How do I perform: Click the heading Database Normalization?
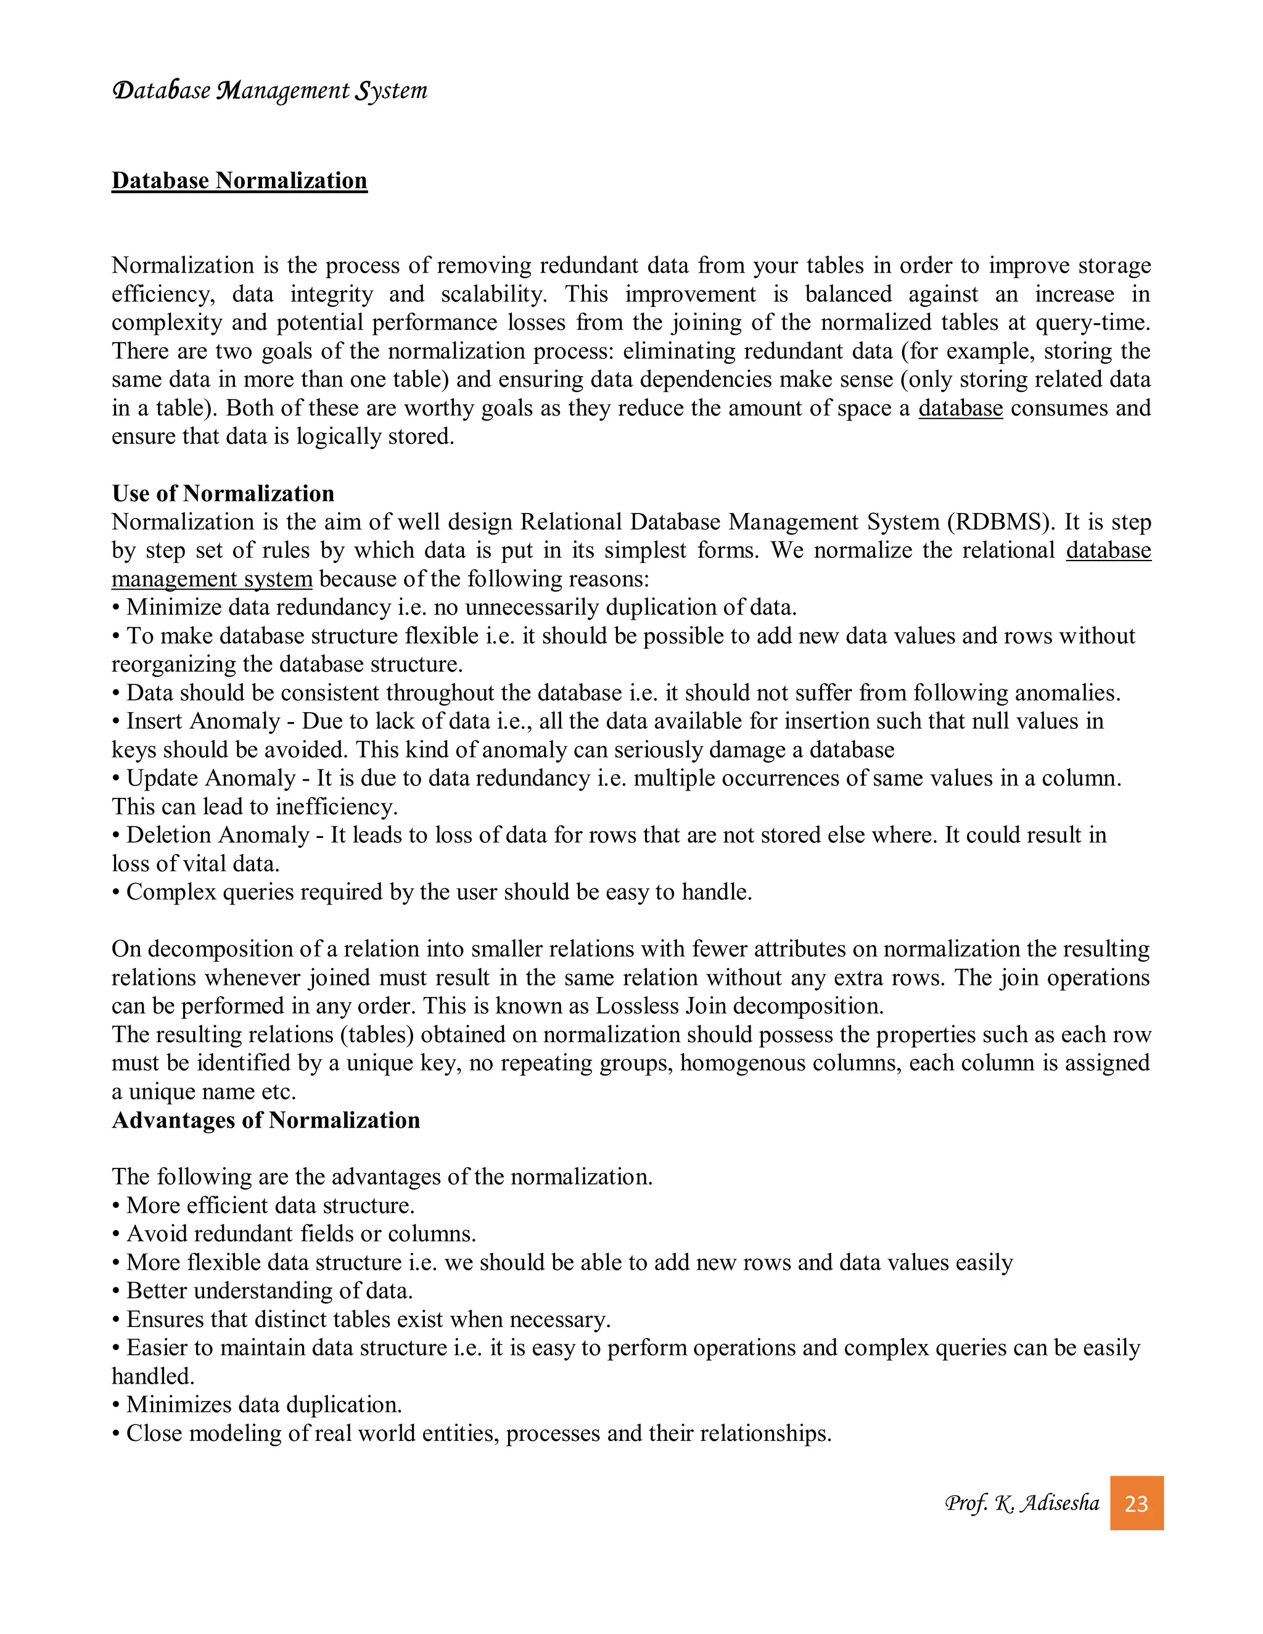click(x=239, y=181)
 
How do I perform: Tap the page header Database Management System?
click(x=269, y=91)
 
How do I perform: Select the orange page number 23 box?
click(x=1136, y=1503)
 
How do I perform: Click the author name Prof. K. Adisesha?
click(x=1021, y=1503)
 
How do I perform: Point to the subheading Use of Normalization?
click(x=223, y=494)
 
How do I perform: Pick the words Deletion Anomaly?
click(x=218, y=835)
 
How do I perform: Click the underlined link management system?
click(x=212, y=579)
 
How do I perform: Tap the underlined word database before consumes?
click(x=960, y=408)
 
